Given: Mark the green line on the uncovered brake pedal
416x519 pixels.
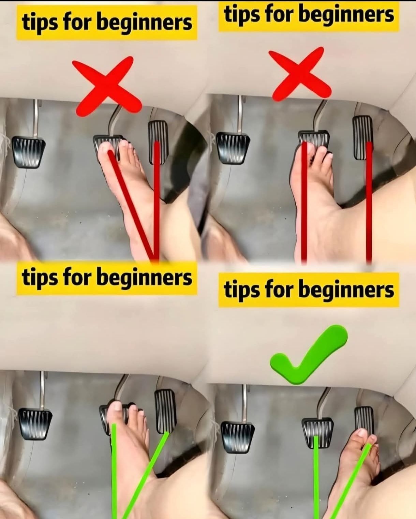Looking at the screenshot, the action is pyautogui.click(x=316, y=477).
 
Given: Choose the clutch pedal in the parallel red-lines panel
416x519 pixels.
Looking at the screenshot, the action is pyautogui.click(x=233, y=148).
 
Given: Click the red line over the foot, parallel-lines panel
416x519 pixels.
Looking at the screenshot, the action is pyautogui.click(x=304, y=202).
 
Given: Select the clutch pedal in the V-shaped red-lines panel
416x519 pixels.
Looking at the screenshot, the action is pyautogui.click(x=28, y=152).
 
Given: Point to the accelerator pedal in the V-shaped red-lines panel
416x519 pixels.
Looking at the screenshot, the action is pyautogui.click(x=158, y=142).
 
